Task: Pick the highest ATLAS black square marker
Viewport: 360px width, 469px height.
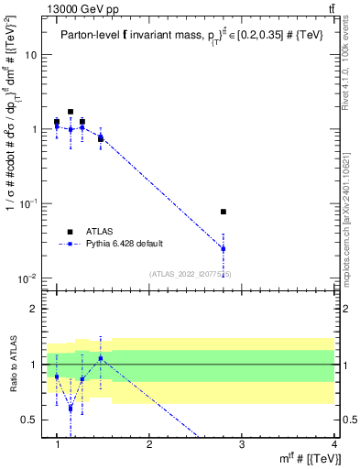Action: pyautogui.click(x=71, y=112)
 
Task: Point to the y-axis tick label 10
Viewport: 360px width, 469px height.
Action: pyautogui.click(x=30, y=55)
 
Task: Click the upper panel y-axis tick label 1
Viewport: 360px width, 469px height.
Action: pyautogui.click(x=34, y=129)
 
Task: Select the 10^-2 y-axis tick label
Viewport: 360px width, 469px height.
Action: pyautogui.click(x=27, y=278)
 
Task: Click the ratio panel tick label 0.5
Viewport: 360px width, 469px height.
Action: pyautogui.click(x=29, y=420)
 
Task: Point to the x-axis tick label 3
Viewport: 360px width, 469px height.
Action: pyautogui.click(x=241, y=445)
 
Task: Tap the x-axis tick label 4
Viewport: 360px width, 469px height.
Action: pyautogui.click(x=333, y=445)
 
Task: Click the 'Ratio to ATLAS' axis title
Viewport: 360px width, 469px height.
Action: pyautogui.click(x=12, y=365)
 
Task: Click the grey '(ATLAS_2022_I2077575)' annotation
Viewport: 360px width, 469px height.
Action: pyautogui.click(x=190, y=274)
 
